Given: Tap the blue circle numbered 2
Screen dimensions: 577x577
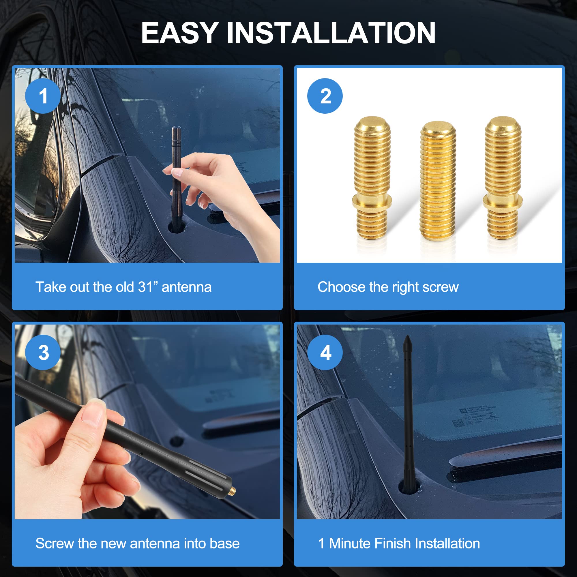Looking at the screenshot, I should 325,96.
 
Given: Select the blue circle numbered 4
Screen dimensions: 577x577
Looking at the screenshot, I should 325,353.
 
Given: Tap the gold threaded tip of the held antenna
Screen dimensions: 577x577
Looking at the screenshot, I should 233,490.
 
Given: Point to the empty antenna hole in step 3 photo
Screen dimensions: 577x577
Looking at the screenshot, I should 176,441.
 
